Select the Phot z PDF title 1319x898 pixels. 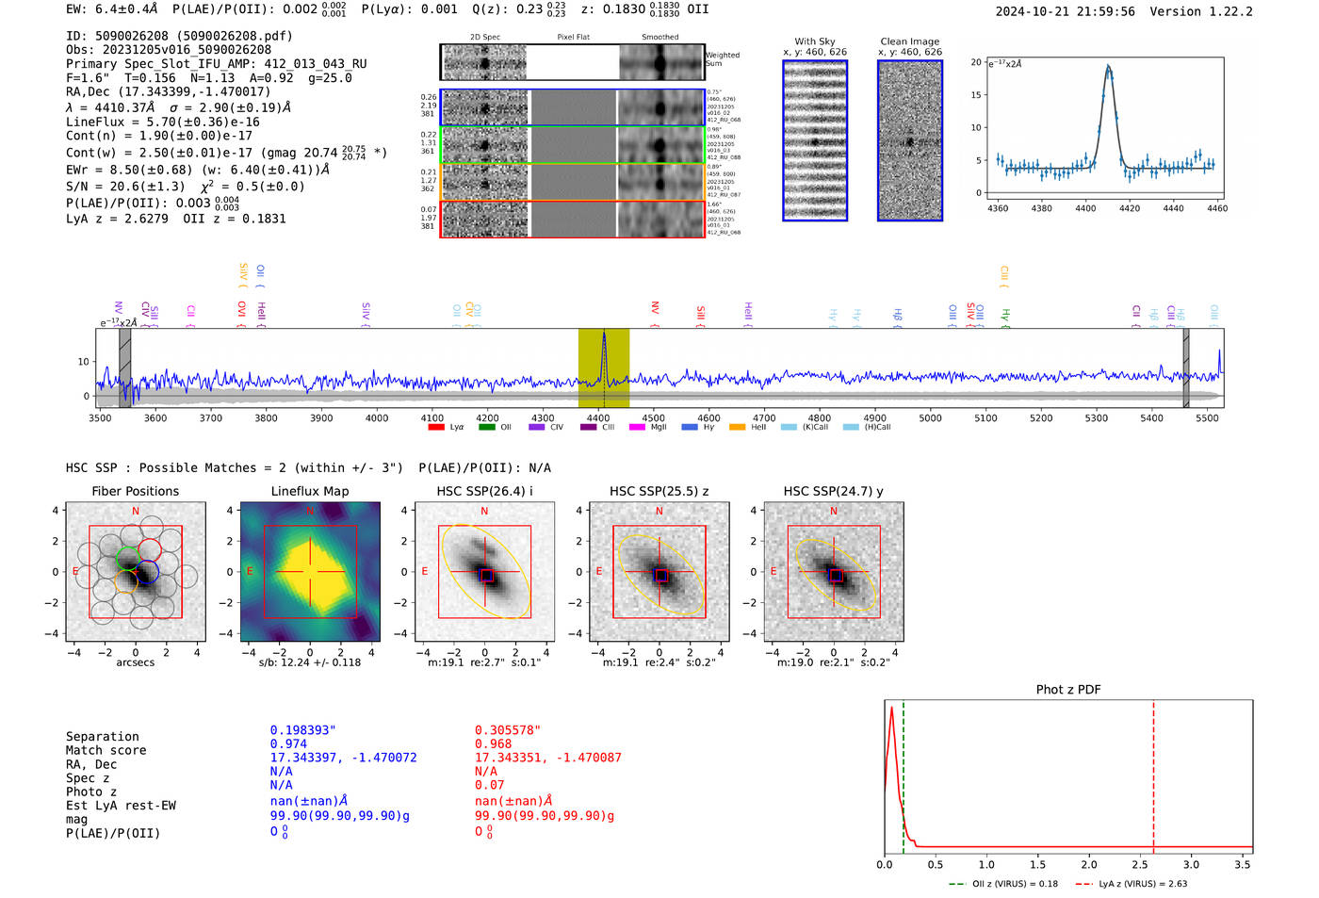pos(1068,690)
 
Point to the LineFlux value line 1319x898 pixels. pos(162,122)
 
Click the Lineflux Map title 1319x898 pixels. pos(310,491)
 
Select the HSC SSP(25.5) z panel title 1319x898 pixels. pos(659,491)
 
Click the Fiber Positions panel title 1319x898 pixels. pos(135,491)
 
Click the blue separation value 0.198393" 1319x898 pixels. pos(302,730)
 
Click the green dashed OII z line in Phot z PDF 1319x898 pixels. pos(903,773)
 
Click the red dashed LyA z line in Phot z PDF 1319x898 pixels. pos(1153,773)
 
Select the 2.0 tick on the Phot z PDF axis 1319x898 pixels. pos(1089,864)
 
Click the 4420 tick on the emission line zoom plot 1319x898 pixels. pos(1129,208)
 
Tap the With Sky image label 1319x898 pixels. pos(814,41)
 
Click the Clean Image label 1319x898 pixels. pos(909,41)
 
